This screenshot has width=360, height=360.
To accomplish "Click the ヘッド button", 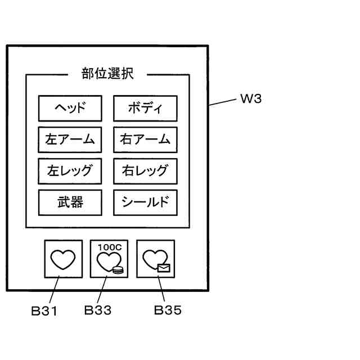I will (70, 109).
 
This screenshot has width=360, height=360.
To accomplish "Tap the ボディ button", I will (145, 109).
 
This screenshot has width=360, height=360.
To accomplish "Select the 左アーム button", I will (70, 140).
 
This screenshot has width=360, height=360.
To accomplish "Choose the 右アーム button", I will (145, 140).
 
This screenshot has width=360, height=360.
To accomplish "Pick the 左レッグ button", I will (70, 172).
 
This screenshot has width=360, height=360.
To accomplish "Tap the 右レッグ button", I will (145, 172).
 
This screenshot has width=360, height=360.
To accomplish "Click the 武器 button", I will (70, 203).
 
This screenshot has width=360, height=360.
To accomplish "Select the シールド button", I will (145, 203).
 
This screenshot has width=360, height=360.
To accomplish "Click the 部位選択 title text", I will (107, 74).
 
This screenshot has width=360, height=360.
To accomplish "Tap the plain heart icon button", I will (62, 259).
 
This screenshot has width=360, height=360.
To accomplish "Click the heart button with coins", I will (109, 259).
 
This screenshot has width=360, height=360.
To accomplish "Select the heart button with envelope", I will (155, 259).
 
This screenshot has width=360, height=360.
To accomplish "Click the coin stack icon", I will (118, 269).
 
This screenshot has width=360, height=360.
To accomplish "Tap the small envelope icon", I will (164, 269).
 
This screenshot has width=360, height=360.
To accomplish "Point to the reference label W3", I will (251, 100).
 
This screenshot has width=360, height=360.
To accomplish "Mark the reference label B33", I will (97, 310).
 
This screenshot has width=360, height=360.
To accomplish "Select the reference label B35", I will (168, 310).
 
